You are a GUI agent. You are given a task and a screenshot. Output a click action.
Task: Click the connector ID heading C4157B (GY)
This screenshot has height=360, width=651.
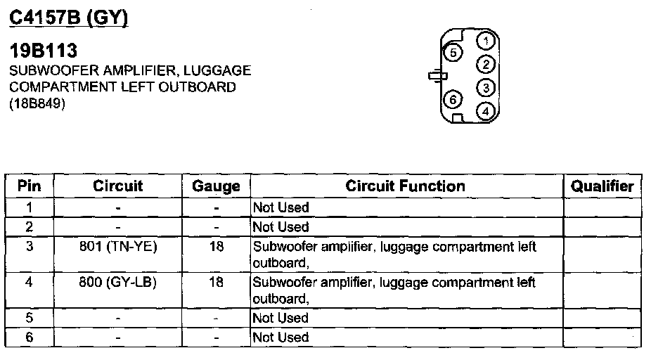(68, 18)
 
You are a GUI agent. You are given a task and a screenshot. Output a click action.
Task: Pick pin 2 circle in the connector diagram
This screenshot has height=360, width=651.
(484, 65)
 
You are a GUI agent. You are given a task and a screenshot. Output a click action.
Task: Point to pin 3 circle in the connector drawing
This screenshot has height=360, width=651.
(484, 87)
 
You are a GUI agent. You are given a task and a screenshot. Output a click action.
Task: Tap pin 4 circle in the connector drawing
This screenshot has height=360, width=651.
(484, 110)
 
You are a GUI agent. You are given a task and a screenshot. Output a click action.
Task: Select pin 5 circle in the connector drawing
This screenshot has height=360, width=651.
(453, 53)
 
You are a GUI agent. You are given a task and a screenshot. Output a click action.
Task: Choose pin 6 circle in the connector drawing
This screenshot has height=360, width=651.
(453, 99)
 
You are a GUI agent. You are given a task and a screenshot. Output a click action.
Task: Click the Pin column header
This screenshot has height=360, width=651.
(30, 186)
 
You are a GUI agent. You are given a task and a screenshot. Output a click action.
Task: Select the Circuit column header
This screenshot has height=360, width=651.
(117, 186)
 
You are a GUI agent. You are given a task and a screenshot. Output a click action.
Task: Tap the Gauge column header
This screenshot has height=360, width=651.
(216, 186)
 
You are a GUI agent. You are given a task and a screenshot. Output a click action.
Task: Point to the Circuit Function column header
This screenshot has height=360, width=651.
(405, 186)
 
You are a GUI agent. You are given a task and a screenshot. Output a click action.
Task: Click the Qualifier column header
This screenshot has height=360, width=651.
(602, 186)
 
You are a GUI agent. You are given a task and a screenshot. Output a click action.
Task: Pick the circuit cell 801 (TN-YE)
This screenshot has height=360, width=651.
(118, 247)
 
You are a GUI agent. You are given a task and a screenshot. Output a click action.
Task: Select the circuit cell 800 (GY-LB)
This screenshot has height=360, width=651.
(118, 283)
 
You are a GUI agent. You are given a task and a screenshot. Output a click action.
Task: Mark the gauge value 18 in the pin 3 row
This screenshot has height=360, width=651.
(217, 247)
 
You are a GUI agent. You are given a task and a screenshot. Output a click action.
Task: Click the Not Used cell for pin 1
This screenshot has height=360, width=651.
(281, 208)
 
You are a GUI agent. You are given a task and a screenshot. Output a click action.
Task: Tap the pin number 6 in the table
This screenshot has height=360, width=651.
(30, 337)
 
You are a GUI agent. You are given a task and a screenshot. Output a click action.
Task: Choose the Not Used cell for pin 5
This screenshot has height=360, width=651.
(281, 319)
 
